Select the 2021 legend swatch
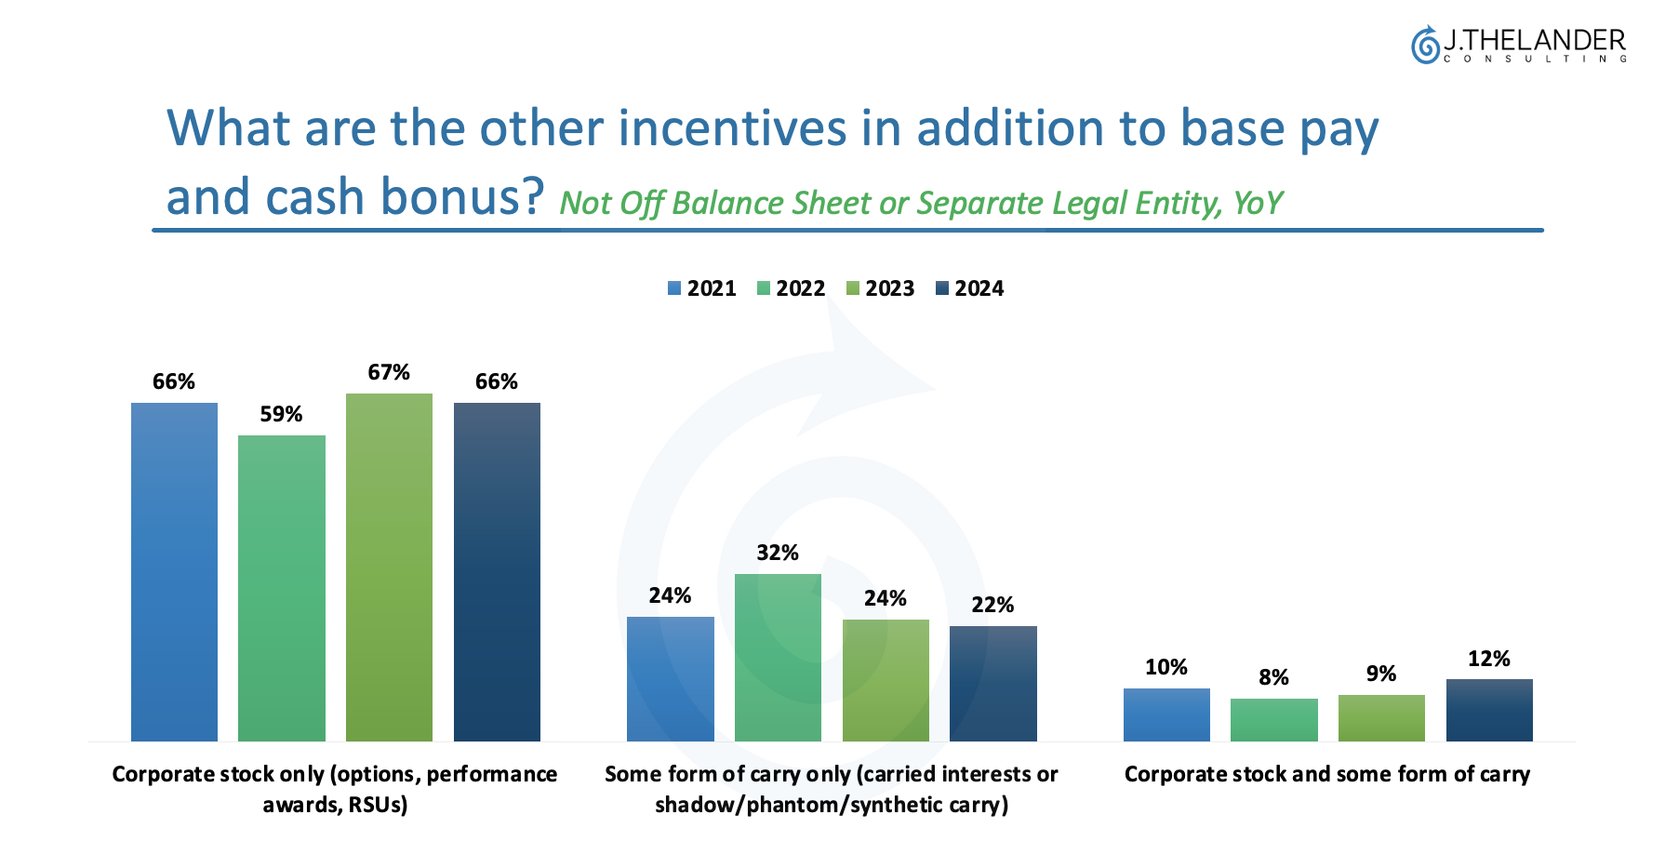coord(674,288)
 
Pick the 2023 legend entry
coord(880,288)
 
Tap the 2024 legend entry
coord(969,288)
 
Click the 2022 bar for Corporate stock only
coord(282,588)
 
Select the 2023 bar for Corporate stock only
coord(389,567)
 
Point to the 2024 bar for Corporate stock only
coord(497,572)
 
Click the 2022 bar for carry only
coord(778,657)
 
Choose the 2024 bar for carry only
coord(992,683)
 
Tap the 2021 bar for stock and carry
coord(1166,714)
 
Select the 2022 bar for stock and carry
coord(1273,719)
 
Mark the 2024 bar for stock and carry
coord(1489,710)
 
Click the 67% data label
coord(389,372)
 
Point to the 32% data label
coord(778,553)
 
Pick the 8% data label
coord(1273,677)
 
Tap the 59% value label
coord(281,414)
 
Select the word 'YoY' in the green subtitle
coord(1258,203)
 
